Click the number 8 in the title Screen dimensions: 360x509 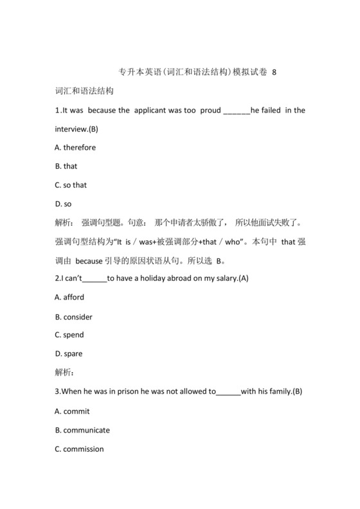tap(275, 72)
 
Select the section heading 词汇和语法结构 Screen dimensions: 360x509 tap(84, 91)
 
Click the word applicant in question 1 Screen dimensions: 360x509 tap(156, 110)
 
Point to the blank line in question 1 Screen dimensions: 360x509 tap(236, 111)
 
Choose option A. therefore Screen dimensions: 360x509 tap(75, 147)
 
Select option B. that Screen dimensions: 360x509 tap(66, 166)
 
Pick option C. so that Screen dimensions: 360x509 tap(71, 185)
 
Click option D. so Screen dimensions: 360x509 tap(63, 204)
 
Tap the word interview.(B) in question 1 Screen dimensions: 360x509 tap(76, 129)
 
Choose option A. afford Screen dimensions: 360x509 tap(69, 297)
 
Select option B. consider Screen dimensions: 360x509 tap(74, 316)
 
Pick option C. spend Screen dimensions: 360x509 tap(69, 335)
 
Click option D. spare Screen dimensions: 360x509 tap(69, 353)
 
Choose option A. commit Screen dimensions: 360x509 tap(72, 411)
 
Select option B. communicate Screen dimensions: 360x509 tap(82, 429)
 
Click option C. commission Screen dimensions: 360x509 tap(79, 449)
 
